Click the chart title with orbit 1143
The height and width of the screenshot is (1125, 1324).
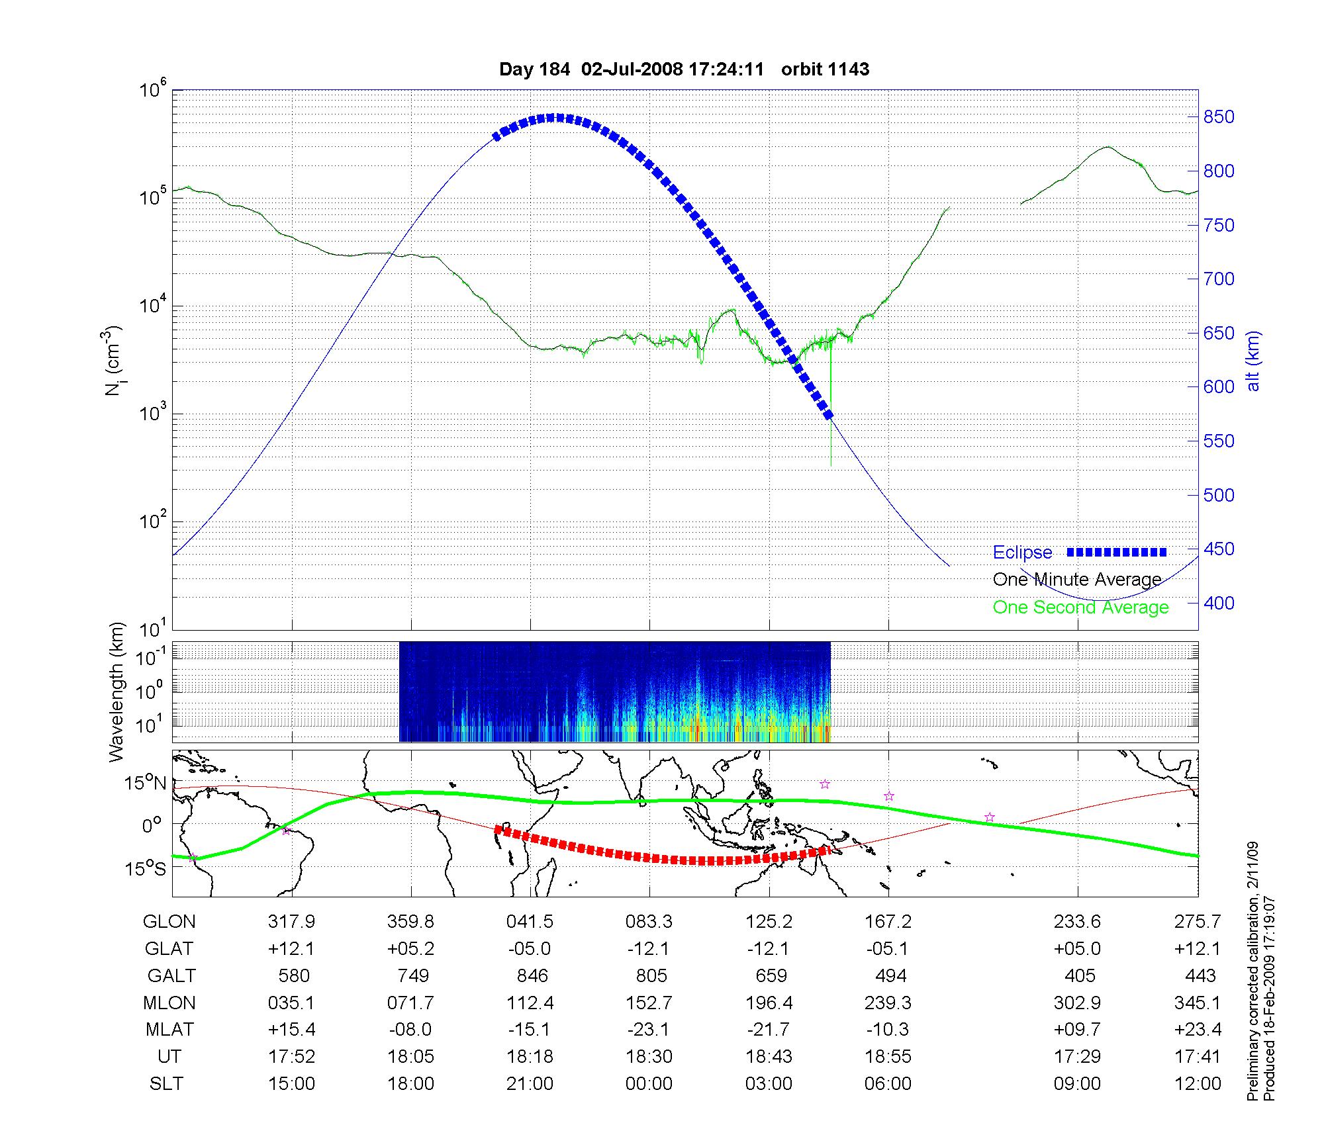684,69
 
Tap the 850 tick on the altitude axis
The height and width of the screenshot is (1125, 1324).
1219,117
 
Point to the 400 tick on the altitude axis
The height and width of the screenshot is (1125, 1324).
1219,603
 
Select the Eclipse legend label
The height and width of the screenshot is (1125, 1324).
1022,553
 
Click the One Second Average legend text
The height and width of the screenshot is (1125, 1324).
1080,607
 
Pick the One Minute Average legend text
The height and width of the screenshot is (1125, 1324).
1077,580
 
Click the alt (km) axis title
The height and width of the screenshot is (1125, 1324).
1253,361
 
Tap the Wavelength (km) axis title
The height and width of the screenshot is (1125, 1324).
117,692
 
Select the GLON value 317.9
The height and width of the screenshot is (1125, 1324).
291,922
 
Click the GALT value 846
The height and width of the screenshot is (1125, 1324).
532,976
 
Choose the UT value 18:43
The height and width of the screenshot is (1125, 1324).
769,1057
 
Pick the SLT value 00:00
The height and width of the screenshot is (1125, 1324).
649,1084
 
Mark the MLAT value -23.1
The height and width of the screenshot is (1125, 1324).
649,1030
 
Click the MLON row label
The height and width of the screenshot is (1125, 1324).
169,1003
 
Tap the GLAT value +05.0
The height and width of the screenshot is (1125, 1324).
1078,949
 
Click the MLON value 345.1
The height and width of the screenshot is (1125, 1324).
1197,1003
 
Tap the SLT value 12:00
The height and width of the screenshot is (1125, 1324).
1197,1084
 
